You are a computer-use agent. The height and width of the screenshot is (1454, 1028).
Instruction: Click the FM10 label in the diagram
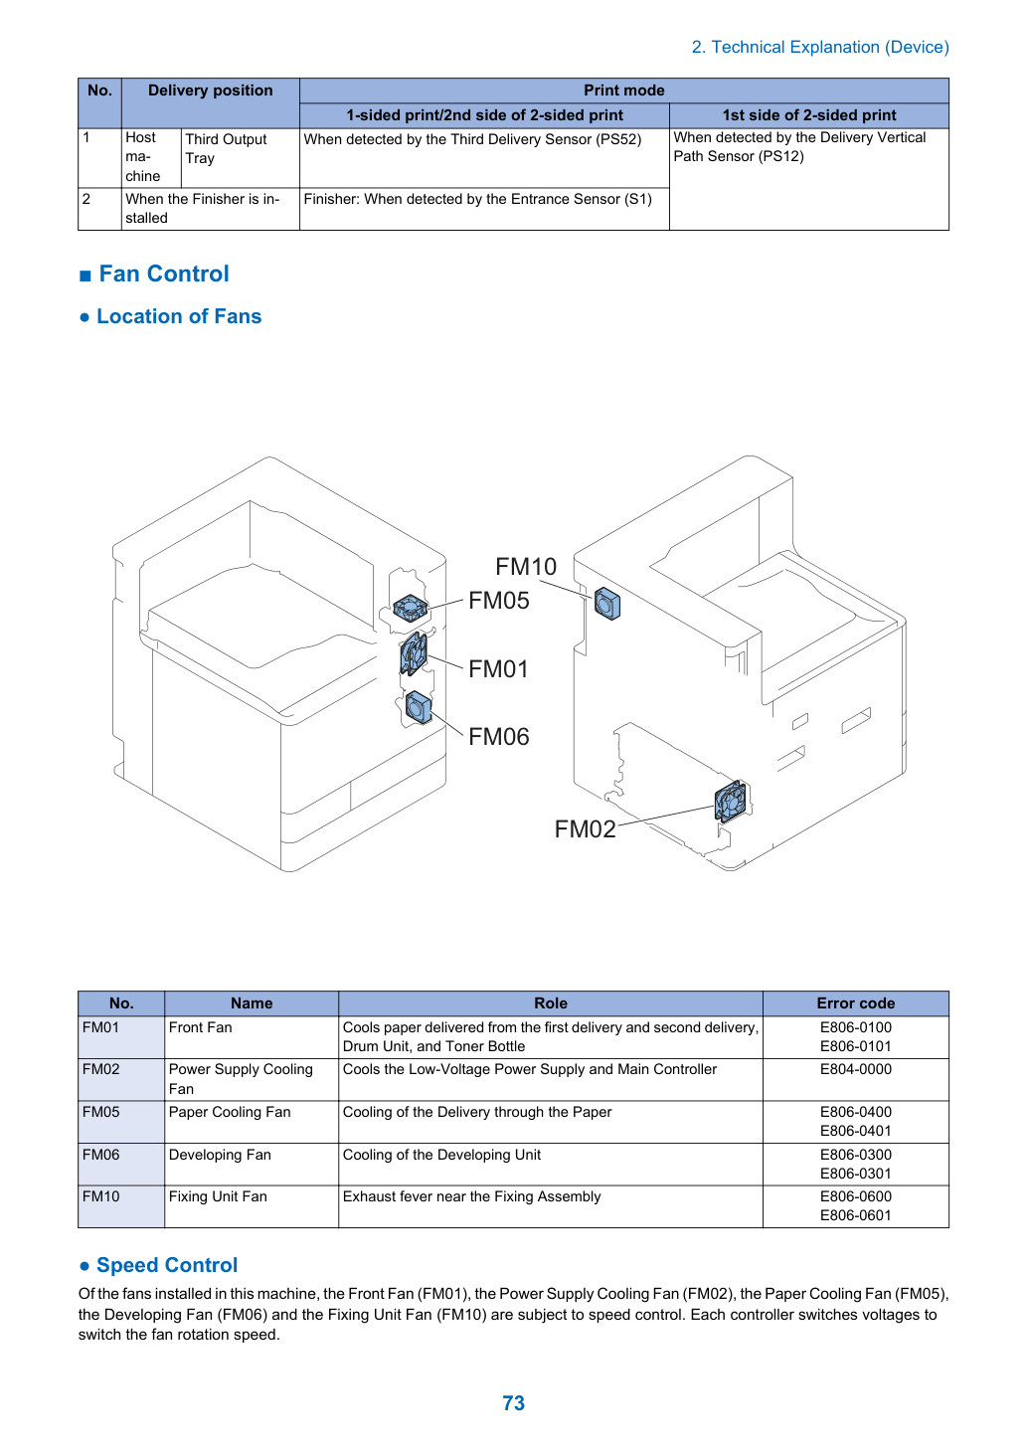click(526, 567)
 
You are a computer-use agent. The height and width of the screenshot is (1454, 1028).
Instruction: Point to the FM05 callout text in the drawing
click(498, 601)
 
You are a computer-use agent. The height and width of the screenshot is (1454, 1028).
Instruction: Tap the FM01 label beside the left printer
click(498, 669)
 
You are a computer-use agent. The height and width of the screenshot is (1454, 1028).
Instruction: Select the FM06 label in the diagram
click(498, 737)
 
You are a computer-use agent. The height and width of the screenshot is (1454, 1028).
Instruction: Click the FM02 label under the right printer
click(585, 828)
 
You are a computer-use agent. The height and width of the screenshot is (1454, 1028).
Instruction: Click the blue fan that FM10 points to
click(607, 604)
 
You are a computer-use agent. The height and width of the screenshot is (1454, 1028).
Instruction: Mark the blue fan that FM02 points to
click(731, 801)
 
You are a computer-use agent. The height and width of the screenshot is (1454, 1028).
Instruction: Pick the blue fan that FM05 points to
click(411, 609)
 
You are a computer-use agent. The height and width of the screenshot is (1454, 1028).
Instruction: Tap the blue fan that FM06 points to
click(419, 707)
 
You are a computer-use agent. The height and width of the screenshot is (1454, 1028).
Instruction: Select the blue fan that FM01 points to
click(414, 653)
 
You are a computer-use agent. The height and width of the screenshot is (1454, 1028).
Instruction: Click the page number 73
click(513, 1402)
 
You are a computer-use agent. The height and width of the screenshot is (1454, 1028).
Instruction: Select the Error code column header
click(855, 1002)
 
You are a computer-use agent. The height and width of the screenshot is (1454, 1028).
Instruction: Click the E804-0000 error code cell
click(855, 1069)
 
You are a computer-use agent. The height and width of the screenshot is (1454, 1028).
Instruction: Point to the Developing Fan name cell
click(220, 1155)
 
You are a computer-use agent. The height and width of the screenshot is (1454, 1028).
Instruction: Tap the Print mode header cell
click(623, 91)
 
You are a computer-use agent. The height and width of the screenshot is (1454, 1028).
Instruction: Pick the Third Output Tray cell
click(226, 148)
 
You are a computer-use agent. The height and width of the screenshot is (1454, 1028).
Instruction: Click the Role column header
click(551, 1002)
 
